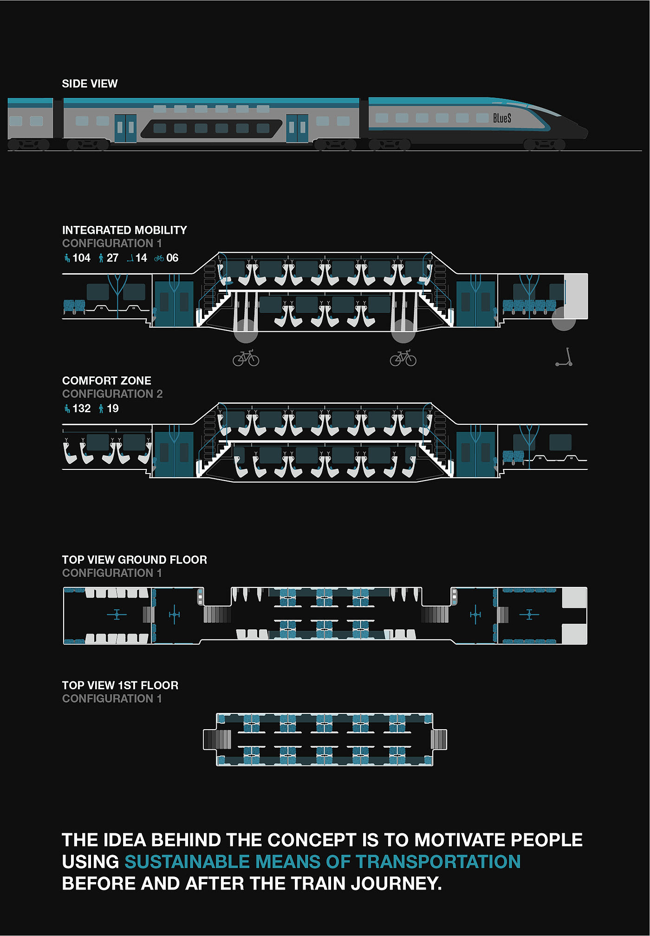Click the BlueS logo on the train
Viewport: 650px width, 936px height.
point(502,118)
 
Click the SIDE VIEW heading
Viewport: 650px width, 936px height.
point(90,84)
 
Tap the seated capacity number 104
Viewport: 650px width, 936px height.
point(81,258)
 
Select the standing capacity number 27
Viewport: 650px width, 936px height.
point(112,258)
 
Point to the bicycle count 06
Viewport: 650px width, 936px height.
point(172,258)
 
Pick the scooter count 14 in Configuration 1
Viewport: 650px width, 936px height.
point(141,258)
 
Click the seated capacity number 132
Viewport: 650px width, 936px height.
point(81,409)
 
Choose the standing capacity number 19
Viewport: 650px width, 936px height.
point(112,409)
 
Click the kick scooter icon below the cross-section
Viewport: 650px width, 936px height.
point(565,357)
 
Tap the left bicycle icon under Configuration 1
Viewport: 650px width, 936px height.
point(246,358)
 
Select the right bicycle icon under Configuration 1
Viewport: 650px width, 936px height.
point(403,358)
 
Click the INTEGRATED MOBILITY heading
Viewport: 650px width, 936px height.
point(124,230)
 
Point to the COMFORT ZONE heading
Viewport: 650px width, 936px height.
point(106,381)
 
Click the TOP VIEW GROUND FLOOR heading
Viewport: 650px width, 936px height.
point(134,560)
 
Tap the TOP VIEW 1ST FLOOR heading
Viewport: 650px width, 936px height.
point(120,685)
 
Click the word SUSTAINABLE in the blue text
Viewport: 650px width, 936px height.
point(187,862)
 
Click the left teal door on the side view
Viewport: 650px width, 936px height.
point(125,128)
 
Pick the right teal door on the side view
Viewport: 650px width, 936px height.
point(297,128)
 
